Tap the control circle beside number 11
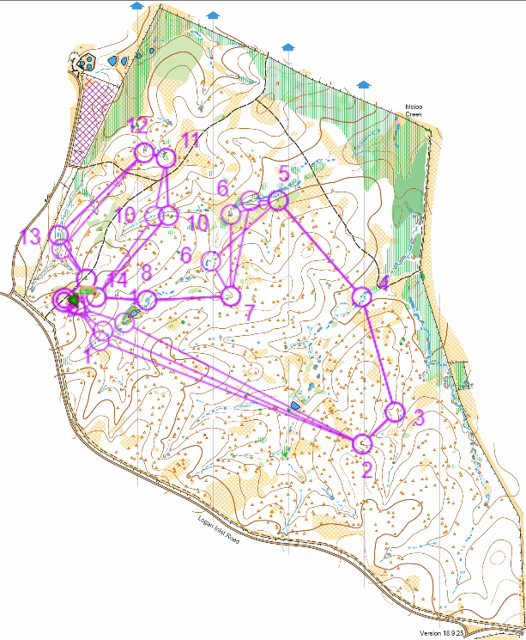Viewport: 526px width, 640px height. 165,158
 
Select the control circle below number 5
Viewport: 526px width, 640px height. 277,200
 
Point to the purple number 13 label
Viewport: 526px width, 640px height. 30,238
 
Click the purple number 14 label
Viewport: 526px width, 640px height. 117,280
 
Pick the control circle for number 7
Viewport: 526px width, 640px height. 229,296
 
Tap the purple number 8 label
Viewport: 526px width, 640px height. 146,273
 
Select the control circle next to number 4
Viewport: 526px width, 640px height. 362,296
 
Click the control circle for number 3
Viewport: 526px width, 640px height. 394,411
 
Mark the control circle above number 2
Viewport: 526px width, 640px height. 362,442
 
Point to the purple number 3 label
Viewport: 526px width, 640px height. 419,418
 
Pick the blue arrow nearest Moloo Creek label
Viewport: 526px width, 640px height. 363,84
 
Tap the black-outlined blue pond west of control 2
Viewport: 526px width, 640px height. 297,405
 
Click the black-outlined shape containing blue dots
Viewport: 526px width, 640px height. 86,62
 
